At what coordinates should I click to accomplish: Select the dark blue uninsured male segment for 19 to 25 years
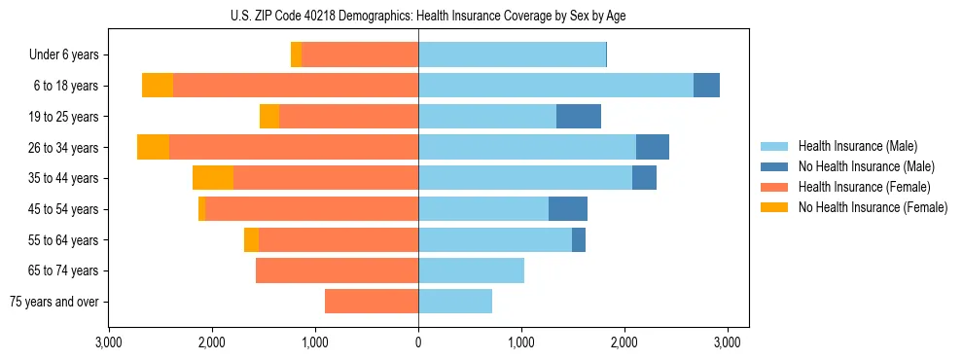[x=579, y=117]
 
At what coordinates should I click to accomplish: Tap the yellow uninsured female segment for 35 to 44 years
[x=213, y=178]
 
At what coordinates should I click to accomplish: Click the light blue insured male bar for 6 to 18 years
[x=555, y=86]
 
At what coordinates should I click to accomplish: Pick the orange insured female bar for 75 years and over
[x=372, y=302]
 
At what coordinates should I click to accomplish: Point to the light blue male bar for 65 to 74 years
[x=471, y=270]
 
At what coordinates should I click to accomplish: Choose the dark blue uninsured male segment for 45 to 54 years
[x=568, y=209]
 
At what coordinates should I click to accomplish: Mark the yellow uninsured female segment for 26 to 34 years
[x=153, y=147]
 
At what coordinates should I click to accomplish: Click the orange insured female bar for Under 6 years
[x=360, y=55]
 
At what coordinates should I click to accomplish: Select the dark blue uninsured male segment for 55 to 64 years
[x=579, y=240]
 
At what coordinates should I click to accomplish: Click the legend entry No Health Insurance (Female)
[x=873, y=207]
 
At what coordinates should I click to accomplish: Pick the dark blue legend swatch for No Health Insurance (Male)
[x=774, y=167]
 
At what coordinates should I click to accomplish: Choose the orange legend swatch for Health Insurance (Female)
[x=774, y=187]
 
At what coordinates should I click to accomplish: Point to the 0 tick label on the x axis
[x=418, y=342]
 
